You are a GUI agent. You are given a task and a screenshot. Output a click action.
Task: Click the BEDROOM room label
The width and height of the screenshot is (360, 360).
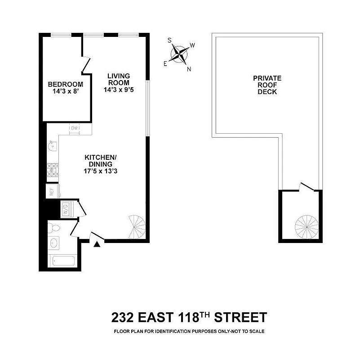coord(66,84)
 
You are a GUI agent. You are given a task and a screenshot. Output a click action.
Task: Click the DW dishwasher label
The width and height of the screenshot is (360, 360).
coord(75,129)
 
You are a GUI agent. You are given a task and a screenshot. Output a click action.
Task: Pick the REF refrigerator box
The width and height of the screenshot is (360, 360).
coord(52,191)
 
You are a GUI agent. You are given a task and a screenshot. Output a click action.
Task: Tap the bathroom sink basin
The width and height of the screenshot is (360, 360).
coord(54,243)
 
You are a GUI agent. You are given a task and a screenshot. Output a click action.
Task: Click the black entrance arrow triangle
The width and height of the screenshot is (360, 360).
coord(97,245)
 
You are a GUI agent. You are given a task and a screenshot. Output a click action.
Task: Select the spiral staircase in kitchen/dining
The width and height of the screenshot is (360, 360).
coord(137,226)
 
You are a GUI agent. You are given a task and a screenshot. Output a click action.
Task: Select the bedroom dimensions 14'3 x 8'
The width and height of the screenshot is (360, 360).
coord(66,92)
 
